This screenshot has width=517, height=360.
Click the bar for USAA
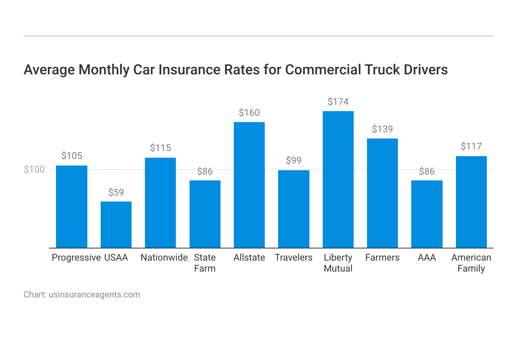point(116,225)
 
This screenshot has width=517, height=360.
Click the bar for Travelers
point(294,209)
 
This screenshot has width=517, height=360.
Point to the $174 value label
point(338,102)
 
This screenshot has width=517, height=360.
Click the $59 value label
point(116,193)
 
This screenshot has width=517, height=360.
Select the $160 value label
point(249,113)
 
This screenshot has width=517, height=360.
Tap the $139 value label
point(382,130)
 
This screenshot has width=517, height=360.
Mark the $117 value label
point(471,147)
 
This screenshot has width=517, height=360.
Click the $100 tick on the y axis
point(34,169)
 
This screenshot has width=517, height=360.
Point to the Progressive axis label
point(76,257)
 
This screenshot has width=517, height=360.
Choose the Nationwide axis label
point(164,257)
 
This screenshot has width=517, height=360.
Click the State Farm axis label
point(205,263)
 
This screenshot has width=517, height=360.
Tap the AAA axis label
point(427,257)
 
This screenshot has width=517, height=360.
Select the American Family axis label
point(471,263)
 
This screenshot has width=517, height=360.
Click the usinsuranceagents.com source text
point(94,295)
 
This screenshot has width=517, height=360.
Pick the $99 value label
point(294,160)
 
